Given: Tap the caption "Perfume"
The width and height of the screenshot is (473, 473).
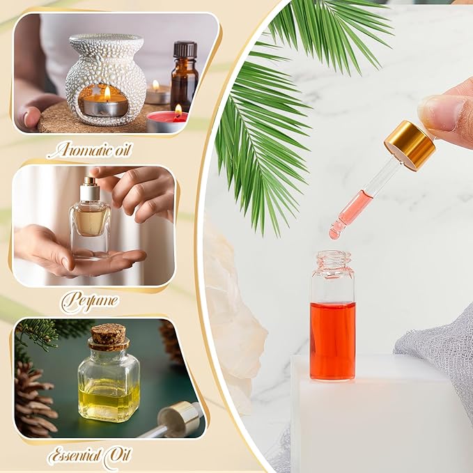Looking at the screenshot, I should click(89, 302).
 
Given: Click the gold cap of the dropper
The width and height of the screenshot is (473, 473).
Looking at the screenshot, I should click(410, 145).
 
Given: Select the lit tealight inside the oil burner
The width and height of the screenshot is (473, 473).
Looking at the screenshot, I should click(105, 105).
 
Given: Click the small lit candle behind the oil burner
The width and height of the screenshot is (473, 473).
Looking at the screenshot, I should click(157, 93).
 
